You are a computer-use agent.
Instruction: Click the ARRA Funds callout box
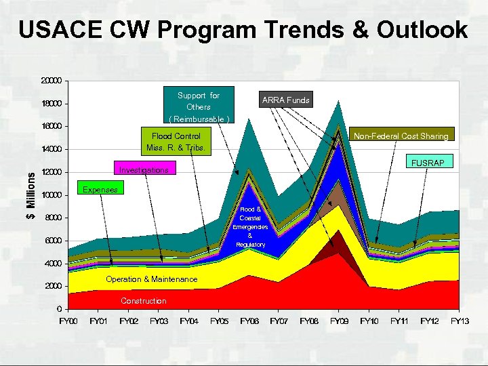(285, 100)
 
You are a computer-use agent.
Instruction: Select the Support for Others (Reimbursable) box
(199, 106)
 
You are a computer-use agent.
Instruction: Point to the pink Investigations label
(144, 169)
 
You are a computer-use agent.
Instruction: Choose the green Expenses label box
(100, 190)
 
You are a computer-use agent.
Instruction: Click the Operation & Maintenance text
(152, 279)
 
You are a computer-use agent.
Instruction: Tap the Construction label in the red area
(143, 301)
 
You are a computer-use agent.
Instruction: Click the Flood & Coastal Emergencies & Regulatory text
(250, 226)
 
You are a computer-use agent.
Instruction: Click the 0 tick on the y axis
(60, 309)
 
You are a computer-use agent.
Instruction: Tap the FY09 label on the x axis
(339, 321)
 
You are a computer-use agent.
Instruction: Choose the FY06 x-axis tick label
(249, 321)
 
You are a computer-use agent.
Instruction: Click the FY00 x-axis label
(69, 321)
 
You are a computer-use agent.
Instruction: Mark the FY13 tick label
(460, 321)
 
